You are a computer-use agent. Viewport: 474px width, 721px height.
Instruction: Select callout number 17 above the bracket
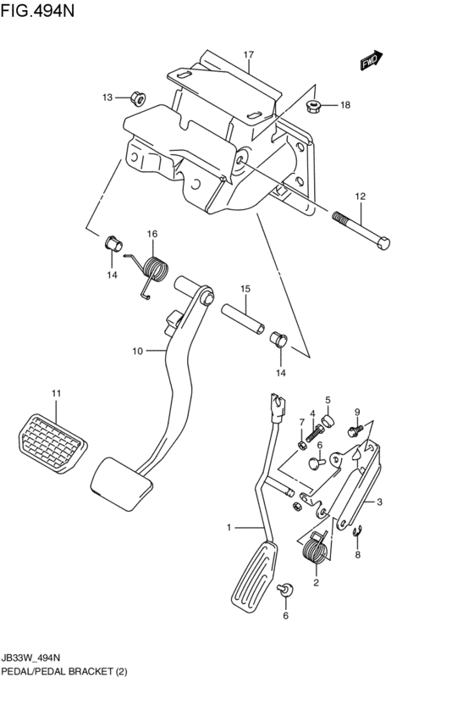tap(249, 56)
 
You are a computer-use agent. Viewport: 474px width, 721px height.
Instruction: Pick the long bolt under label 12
tap(365, 228)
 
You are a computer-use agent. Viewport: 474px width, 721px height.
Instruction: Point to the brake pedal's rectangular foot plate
tap(120, 485)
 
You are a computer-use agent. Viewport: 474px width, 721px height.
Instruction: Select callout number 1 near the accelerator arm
tap(229, 528)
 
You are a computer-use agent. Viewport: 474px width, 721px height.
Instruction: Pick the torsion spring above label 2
tap(315, 549)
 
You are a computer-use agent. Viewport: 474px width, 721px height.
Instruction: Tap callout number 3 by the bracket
tap(380, 502)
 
